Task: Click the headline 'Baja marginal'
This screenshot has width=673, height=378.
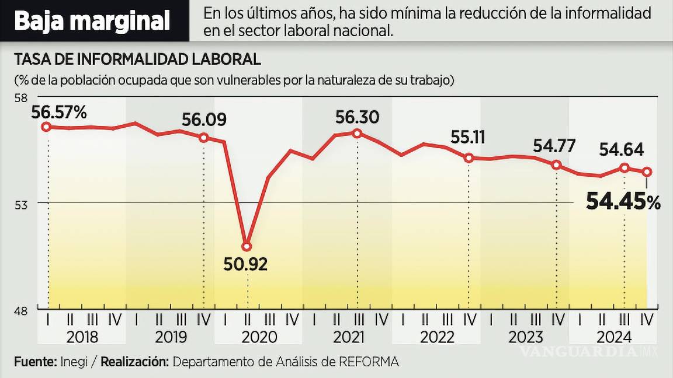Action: click(x=92, y=21)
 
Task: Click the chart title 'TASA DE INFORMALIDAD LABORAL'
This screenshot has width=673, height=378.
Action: click(x=137, y=60)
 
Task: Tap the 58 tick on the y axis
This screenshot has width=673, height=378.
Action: click(x=21, y=97)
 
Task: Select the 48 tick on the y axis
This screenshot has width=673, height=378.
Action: click(x=21, y=310)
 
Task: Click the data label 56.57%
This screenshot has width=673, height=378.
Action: click(x=60, y=110)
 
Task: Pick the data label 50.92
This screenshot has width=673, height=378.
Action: click(x=245, y=264)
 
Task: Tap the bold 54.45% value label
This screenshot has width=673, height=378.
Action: click(x=623, y=202)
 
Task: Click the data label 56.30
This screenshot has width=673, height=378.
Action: click(x=357, y=117)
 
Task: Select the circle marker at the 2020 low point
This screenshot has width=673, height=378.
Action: click(x=247, y=246)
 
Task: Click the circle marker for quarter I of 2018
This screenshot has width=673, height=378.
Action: click(x=47, y=127)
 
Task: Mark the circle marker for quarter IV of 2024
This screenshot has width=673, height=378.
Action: click(x=647, y=171)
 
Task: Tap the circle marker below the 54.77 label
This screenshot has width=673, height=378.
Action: click(x=557, y=165)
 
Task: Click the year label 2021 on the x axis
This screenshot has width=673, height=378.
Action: click(x=348, y=337)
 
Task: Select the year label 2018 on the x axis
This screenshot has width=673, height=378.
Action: click(x=82, y=337)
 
